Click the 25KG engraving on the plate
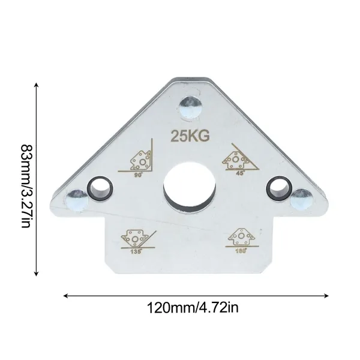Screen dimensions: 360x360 pos(190,136)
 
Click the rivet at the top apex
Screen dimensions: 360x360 pos(190,107)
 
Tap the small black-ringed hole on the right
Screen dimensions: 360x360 pos(279,188)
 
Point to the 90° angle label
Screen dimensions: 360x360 pos(139,175)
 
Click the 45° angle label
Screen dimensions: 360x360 pos(241,173)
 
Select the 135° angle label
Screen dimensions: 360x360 pos(136,251)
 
